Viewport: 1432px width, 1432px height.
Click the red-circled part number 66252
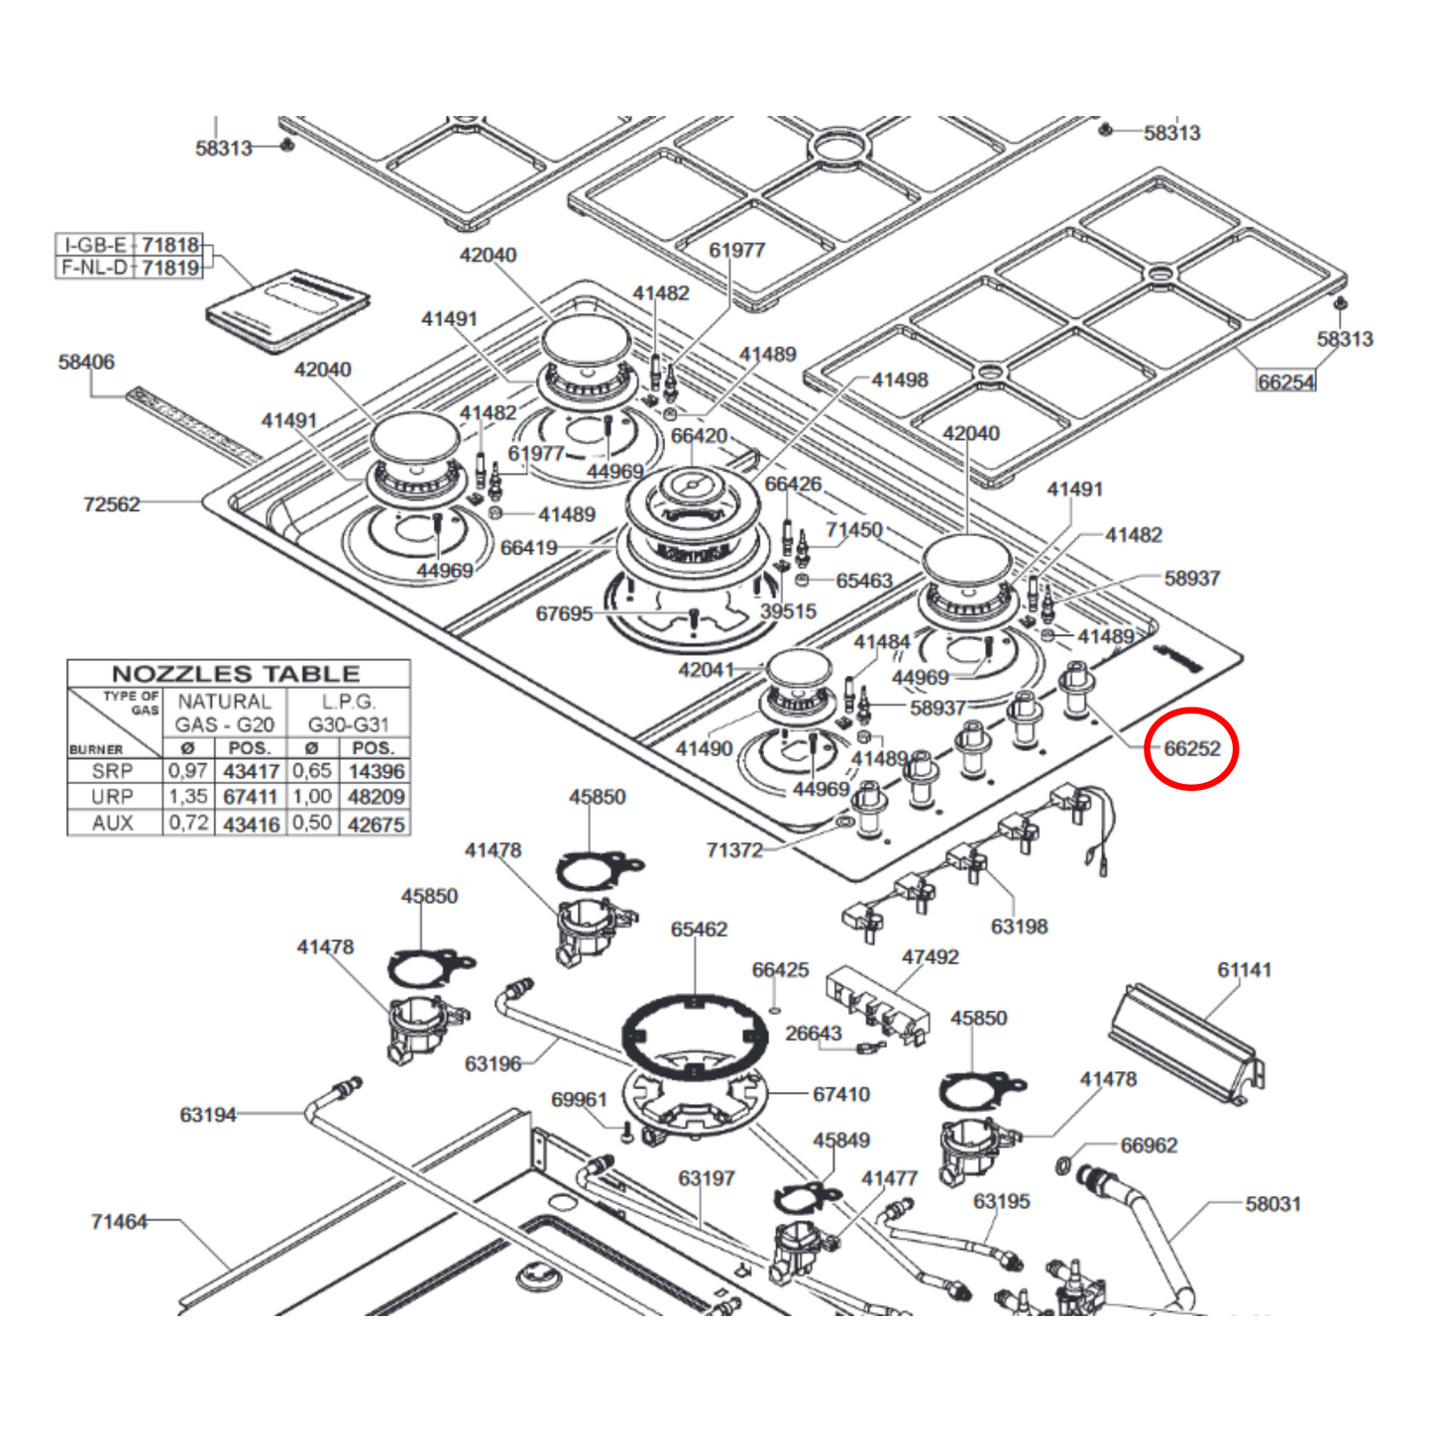(1191, 748)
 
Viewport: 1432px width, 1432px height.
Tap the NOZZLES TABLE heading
(236, 674)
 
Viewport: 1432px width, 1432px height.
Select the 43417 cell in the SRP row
(251, 771)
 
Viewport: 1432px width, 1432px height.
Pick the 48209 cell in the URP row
(376, 797)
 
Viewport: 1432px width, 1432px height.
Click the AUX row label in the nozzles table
(112, 823)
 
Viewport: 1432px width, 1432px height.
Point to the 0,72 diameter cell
(188, 823)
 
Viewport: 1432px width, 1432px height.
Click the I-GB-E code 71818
(170, 245)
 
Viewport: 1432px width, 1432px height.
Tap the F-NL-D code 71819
(170, 268)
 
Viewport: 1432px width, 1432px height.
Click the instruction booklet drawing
(287, 309)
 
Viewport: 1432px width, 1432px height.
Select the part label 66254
(1285, 382)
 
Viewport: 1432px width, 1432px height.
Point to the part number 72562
(111, 504)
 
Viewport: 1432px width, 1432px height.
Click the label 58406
(86, 362)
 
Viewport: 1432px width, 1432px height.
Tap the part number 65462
(699, 930)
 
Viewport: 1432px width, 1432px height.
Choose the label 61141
(1244, 970)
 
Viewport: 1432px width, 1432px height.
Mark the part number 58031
(1272, 1204)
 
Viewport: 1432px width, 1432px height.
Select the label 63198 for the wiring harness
(1019, 927)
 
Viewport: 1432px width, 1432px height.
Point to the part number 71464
(119, 1222)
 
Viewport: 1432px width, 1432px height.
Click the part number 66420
(699, 436)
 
